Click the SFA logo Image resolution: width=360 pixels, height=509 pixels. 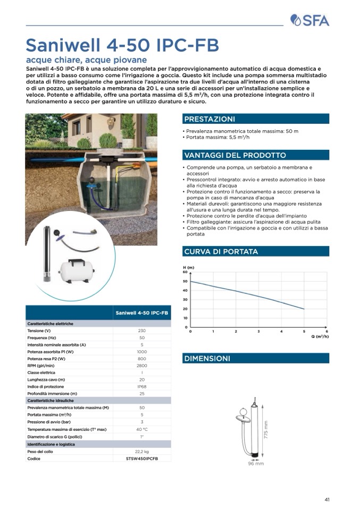coord(309,21)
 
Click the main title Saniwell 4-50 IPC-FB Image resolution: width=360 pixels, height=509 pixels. coord(122,45)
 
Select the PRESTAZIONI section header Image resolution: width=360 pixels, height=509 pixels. coord(209,119)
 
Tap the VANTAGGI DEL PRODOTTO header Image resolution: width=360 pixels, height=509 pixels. coord(235,155)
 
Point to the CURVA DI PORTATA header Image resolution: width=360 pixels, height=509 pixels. coord(221,251)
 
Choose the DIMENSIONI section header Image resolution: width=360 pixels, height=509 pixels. coord(207,359)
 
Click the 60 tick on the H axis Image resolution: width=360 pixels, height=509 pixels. coord(185,272)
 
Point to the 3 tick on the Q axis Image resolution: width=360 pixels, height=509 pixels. coord(258,332)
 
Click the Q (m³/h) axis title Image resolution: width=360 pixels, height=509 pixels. coord(320,336)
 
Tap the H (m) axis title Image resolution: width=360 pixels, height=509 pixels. coord(188,267)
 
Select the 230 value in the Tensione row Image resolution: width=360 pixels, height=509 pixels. coord(142,330)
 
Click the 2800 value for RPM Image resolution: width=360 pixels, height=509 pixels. coord(142,366)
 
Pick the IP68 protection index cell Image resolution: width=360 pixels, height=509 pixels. coord(142,387)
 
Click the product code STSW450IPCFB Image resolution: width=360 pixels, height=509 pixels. coord(142,458)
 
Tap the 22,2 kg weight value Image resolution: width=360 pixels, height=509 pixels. coord(142,451)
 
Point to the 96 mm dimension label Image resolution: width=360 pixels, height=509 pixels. coord(256,464)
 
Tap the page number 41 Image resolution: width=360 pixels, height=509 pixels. coord(327,499)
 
